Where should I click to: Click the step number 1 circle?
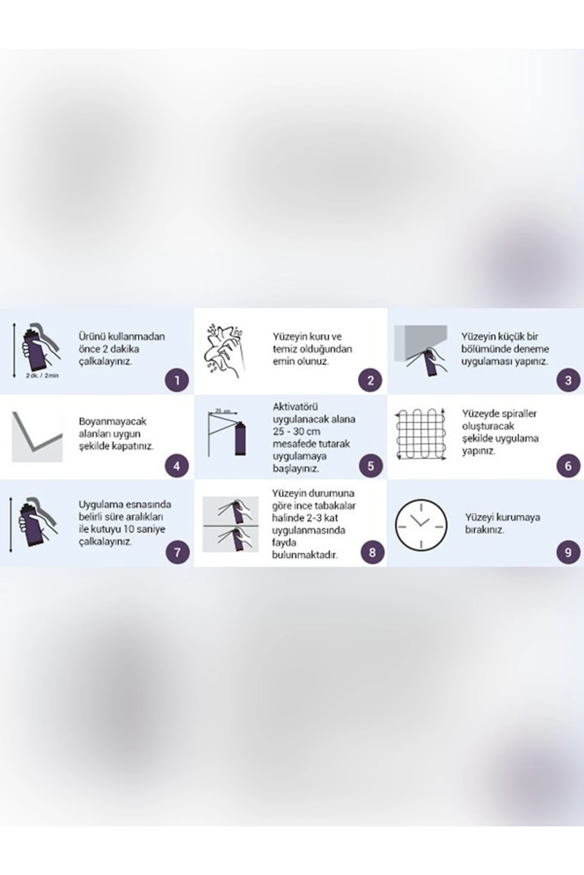point(177,380)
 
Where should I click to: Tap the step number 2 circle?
point(370,380)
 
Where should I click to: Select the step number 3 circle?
point(568,380)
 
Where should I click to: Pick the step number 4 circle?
point(177,466)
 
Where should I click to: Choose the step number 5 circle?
point(370,466)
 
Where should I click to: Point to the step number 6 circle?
point(568,466)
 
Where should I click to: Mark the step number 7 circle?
point(177,552)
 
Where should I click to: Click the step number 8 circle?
point(372,552)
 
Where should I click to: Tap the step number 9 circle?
point(568,552)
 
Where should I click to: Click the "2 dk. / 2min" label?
point(42,376)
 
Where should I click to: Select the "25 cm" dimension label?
point(223,411)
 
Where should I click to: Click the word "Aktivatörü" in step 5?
point(296,406)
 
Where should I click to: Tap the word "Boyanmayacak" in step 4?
point(112,421)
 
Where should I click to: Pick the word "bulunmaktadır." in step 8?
point(305,555)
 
